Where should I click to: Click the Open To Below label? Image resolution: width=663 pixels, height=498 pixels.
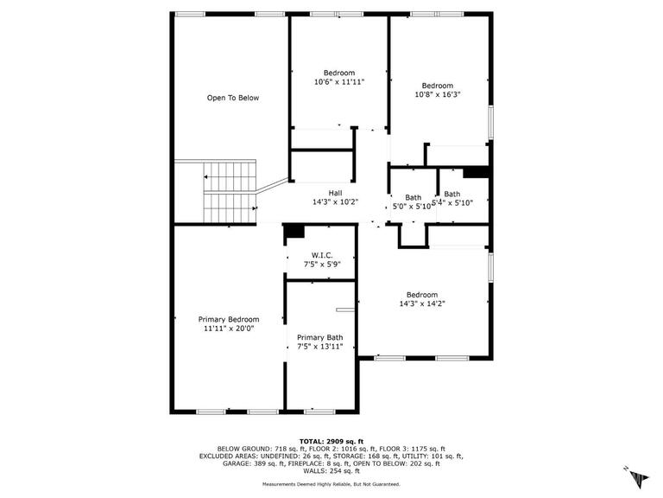click(232, 98)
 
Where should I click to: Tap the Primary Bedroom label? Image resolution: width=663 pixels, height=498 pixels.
click(229, 319)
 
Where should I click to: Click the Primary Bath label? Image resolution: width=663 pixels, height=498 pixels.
click(319, 337)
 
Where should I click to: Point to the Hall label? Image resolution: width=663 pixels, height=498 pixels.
click(335, 193)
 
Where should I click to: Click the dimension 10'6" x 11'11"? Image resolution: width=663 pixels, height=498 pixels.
click(339, 82)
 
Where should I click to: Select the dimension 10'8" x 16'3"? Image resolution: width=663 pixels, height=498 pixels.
click(438, 95)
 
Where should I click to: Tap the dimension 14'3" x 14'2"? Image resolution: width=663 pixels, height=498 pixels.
click(422, 303)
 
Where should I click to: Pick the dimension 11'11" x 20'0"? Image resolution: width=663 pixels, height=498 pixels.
click(229, 329)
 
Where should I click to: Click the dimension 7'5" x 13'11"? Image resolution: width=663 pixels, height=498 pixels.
click(319, 347)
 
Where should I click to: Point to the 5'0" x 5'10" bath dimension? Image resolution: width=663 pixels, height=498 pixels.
click(412, 207)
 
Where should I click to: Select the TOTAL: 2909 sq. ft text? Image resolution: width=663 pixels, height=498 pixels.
click(331, 441)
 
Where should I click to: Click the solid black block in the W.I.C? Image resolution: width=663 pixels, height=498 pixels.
click(294, 231)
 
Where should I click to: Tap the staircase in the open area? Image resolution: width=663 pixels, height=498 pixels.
click(230, 190)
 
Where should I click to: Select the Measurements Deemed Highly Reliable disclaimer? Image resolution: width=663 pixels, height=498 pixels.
click(331, 484)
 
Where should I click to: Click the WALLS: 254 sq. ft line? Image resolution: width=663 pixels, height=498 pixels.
click(331, 472)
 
